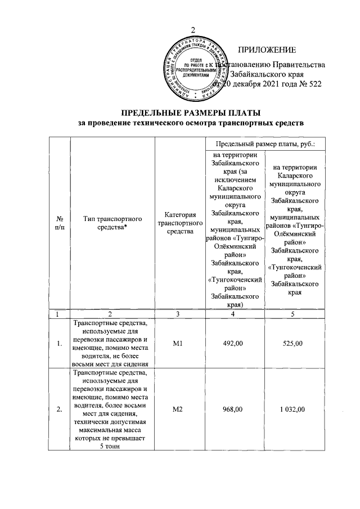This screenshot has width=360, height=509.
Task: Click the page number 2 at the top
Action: [x=193, y=30]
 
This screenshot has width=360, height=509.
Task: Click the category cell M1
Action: [x=180, y=344]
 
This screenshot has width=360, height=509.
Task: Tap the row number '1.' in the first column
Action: [x=60, y=344]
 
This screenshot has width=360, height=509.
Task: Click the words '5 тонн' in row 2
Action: [x=110, y=447]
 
